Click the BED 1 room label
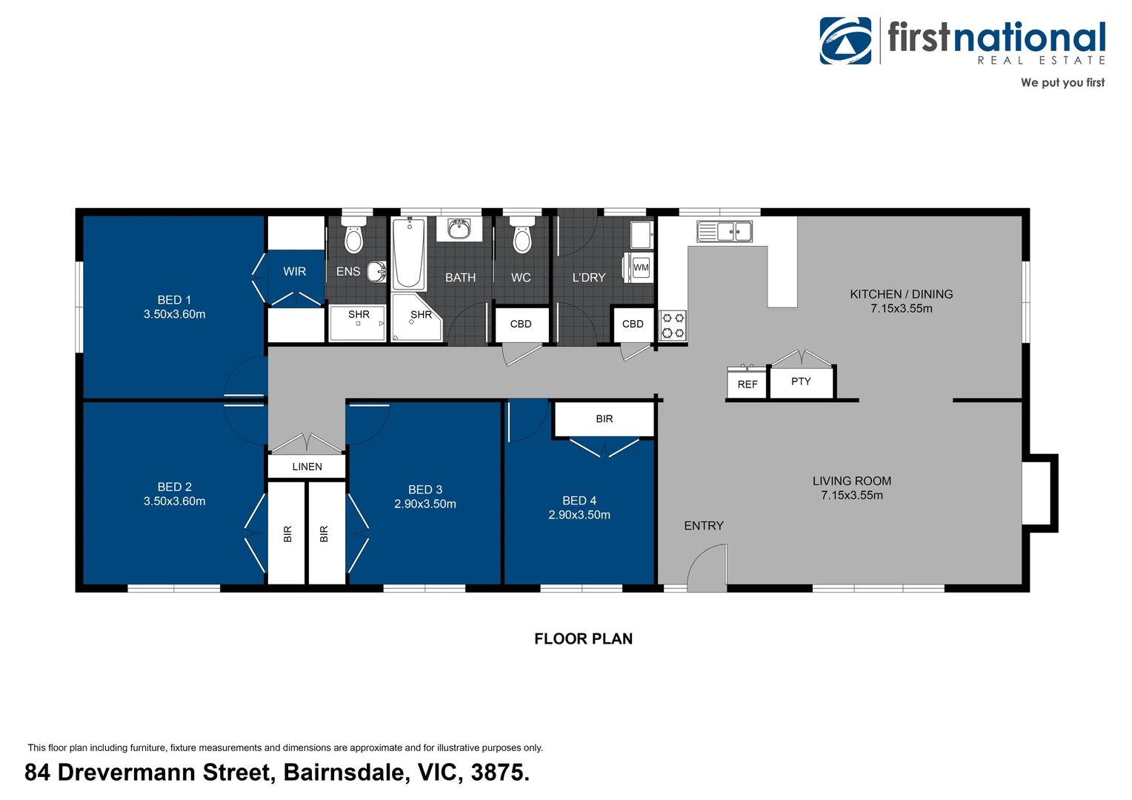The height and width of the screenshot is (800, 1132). pyautogui.click(x=174, y=300)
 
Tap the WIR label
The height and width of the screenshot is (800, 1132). pyautogui.click(x=294, y=272)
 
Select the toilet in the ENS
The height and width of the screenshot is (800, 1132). pyautogui.click(x=354, y=236)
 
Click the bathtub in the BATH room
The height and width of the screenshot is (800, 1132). pyautogui.click(x=408, y=253)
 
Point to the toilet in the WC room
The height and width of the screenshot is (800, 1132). pyautogui.click(x=522, y=236)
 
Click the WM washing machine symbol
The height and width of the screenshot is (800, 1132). pyautogui.click(x=641, y=267)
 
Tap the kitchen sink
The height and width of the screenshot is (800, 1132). pyautogui.click(x=724, y=232)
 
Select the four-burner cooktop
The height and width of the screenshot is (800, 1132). pyautogui.click(x=673, y=326)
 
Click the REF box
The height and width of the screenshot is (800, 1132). pyautogui.click(x=747, y=384)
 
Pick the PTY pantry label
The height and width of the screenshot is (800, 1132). pyautogui.click(x=801, y=381)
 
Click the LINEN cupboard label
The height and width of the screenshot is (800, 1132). pyautogui.click(x=307, y=467)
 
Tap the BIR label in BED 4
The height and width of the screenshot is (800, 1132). pyautogui.click(x=604, y=419)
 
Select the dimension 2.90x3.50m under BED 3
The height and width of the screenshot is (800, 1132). pyautogui.click(x=424, y=504)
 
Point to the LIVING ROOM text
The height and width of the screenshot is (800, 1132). pyautogui.click(x=851, y=481)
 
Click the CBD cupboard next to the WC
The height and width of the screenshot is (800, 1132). pyautogui.click(x=521, y=324)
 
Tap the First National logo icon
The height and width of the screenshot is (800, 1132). pyautogui.click(x=845, y=41)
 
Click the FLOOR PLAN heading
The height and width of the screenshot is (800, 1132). pyautogui.click(x=583, y=639)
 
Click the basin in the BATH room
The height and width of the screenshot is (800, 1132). pyautogui.click(x=459, y=229)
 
